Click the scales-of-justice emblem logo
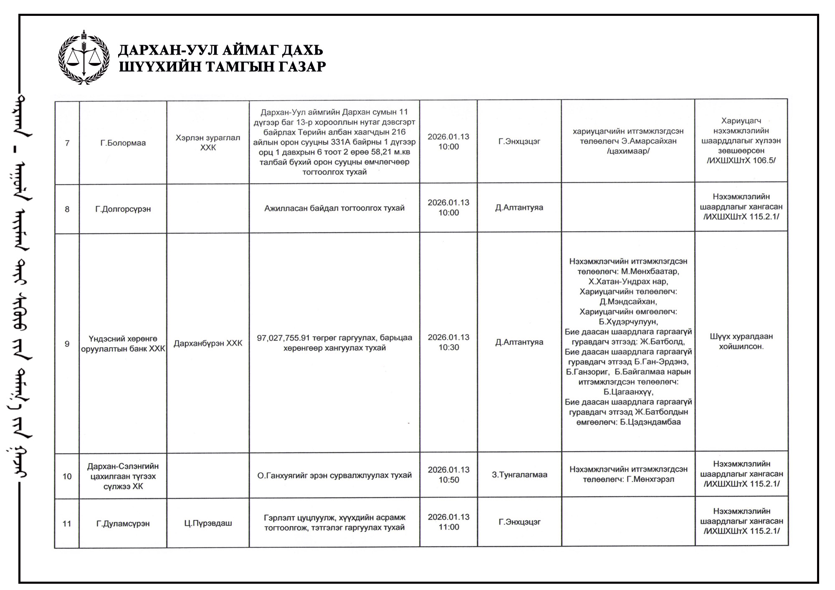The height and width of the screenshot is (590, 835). pyautogui.click(x=84, y=58)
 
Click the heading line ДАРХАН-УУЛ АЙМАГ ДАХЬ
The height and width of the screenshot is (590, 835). pyautogui.click(x=220, y=50)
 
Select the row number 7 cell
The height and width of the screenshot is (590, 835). pyautogui.click(x=67, y=143)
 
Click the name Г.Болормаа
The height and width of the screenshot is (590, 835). pyautogui.click(x=123, y=143)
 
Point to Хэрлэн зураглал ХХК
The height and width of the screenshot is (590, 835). pyautogui.click(x=208, y=143)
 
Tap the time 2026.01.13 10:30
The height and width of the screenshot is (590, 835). pyautogui.click(x=448, y=342)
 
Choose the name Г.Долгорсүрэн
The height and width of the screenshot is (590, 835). pyautogui.click(x=123, y=209)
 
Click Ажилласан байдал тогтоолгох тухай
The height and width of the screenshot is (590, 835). pyautogui.click(x=334, y=208)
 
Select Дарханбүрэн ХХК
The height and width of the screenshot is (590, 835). pyautogui.click(x=208, y=343)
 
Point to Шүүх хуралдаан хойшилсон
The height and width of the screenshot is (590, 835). pyautogui.click(x=741, y=341)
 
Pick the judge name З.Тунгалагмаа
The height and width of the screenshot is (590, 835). pyautogui.click(x=519, y=475)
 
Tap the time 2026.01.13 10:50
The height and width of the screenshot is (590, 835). pyautogui.click(x=448, y=475)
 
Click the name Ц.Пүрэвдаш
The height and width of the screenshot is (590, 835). pyautogui.click(x=208, y=523)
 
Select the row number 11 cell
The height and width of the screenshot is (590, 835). pyautogui.click(x=67, y=524)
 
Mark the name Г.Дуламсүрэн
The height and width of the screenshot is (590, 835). pyautogui.click(x=123, y=524)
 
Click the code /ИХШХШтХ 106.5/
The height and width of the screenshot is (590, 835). pyautogui.click(x=741, y=161)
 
